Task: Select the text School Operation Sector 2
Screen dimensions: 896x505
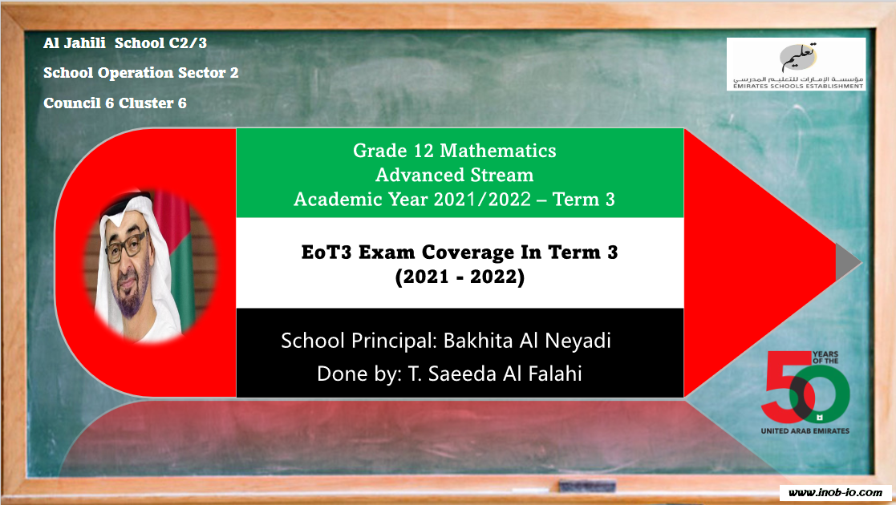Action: click(x=141, y=73)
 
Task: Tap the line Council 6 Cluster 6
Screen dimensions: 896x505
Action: click(x=115, y=103)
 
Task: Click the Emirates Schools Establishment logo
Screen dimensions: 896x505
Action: click(x=796, y=64)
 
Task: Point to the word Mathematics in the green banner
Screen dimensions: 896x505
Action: click(x=497, y=151)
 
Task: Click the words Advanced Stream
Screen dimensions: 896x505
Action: click(x=454, y=175)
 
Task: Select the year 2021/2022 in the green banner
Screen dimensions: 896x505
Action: click(x=482, y=200)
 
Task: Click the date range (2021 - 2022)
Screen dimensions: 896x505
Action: click(x=460, y=277)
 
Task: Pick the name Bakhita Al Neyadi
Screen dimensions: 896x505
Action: click(x=527, y=341)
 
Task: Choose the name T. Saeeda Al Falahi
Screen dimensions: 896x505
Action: click(x=494, y=374)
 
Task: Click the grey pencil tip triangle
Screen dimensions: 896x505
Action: click(x=848, y=262)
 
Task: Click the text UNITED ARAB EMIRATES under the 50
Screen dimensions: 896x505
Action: click(x=805, y=430)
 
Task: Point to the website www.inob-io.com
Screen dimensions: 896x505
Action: click(x=835, y=492)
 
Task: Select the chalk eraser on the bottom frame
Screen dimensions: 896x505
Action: click(x=587, y=486)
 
